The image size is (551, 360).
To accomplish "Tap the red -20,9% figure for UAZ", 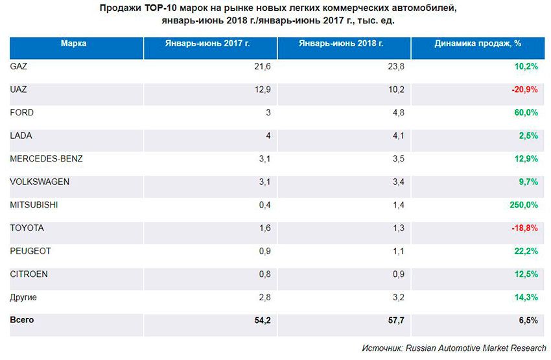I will [525, 90].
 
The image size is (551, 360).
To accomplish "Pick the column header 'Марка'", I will [73, 43].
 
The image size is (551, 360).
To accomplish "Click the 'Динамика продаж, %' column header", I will [478, 43].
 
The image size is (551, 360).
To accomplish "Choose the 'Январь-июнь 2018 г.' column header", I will [344, 43].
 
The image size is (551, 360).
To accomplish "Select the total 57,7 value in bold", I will [397, 320].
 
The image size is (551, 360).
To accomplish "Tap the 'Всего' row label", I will [22, 320].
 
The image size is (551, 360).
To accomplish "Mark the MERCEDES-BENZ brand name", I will [47, 159].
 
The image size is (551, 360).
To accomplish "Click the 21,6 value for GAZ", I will [263, 67].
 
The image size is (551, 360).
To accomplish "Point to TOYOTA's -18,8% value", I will [525, 228].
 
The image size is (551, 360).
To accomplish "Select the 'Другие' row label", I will [25, 297].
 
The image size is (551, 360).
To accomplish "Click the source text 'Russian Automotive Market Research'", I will [476, 348].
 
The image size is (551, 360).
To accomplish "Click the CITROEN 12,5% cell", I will [527, 274].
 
